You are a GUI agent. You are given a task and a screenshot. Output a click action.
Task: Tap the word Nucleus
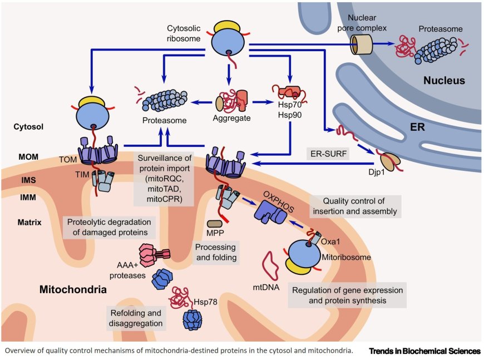[444, 81]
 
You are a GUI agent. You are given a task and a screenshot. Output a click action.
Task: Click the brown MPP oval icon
[214, 223]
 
